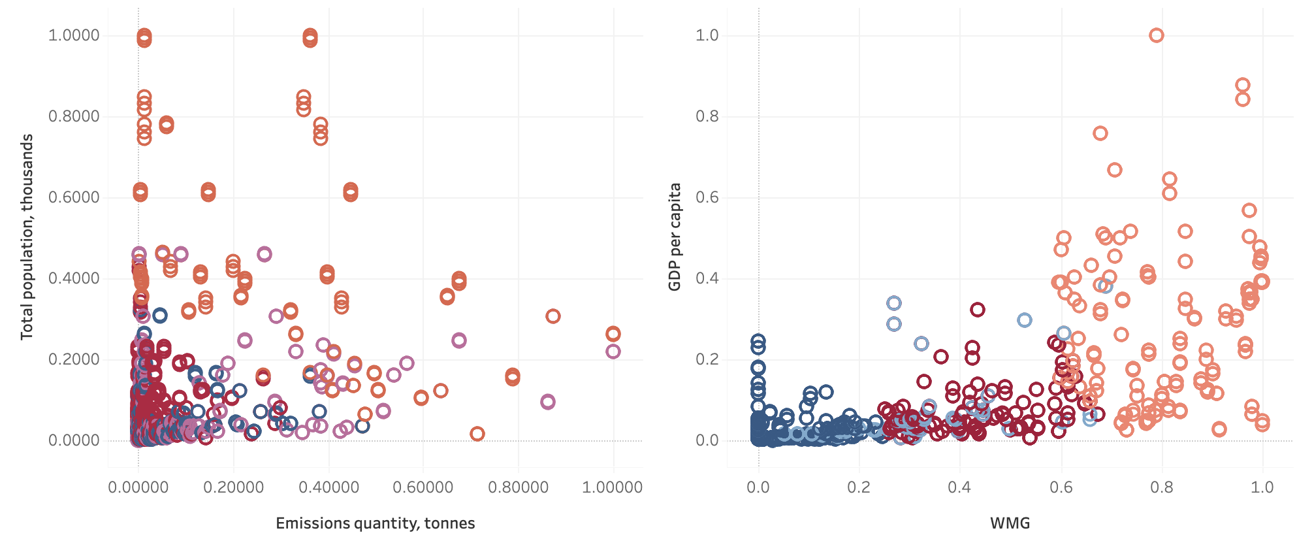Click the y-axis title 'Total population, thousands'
[x=26, y=237]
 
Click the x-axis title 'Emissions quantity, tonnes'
[x=375, y=523]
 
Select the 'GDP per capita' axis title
[x=675, y=237]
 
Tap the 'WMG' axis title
[x=1010, y=523]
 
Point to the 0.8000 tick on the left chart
[x=74, y=116]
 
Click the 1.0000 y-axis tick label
[x=74, y=35]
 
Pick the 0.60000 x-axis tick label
[x=423, y=487]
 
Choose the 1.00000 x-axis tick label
[x=613, y=487]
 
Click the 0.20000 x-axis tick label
[x=233, y=487]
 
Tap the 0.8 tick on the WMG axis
[x=1162, y=487]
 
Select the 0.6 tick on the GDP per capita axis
[x=707, y=197]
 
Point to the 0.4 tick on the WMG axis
[x=960, y=487]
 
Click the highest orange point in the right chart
[x=1157, y=35]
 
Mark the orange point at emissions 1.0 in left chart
[x=613, y=334]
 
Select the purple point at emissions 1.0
[x=613, y=351]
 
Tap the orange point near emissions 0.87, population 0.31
[x=553, y=316]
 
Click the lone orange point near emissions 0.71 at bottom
[x=477, y=434]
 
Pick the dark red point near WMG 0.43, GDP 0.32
[x=977, y=310]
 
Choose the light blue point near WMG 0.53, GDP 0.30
[x=1025, y=320]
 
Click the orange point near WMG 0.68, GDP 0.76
[x=1100, y=133]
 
